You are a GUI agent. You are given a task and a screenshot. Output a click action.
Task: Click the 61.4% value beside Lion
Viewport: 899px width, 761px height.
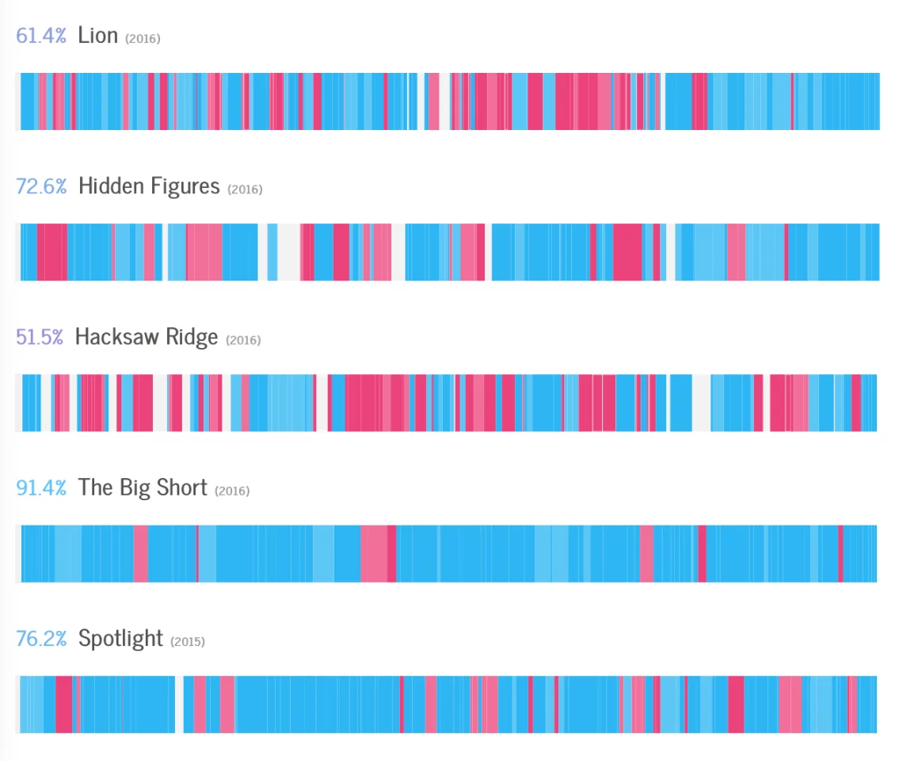(x=41, y=36)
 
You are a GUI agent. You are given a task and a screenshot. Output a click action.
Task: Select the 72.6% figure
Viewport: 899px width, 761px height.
(x=41, y=186)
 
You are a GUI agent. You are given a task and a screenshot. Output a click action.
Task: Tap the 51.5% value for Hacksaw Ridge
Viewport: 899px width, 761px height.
(x=40, y=337)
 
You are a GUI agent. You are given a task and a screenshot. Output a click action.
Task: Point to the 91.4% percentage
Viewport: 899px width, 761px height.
(x=41, y=488)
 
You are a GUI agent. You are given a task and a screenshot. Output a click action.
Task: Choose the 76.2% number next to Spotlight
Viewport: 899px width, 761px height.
(x=41, y=638)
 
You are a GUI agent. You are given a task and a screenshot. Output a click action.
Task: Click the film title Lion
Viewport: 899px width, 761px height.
(x=98, y=36)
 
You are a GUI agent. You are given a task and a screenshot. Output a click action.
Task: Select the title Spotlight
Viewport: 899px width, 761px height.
(x=120, y=639)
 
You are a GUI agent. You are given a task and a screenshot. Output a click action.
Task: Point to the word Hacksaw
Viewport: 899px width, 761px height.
(x=117, y=337)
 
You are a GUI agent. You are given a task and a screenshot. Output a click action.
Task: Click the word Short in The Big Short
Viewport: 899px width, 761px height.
(x=181, y=488)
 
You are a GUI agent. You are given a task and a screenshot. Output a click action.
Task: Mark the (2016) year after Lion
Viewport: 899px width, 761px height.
(x=143, y=39)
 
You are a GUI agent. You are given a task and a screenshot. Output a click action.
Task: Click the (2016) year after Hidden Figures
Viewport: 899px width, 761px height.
(x=245, y=189)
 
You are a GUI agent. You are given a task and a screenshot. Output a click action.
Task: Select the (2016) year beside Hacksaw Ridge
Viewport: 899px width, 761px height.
(x=243, y=340)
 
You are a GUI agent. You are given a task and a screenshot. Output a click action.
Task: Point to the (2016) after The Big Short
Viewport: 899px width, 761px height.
(x=232, y=491)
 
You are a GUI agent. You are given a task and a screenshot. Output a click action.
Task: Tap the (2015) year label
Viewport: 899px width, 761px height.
(x=187, y=641)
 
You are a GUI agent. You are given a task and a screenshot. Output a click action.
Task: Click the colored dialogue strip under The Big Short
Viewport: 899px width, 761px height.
(x=448, y=553)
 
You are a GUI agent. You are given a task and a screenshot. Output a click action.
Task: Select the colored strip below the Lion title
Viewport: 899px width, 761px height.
(x=448, y=101)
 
